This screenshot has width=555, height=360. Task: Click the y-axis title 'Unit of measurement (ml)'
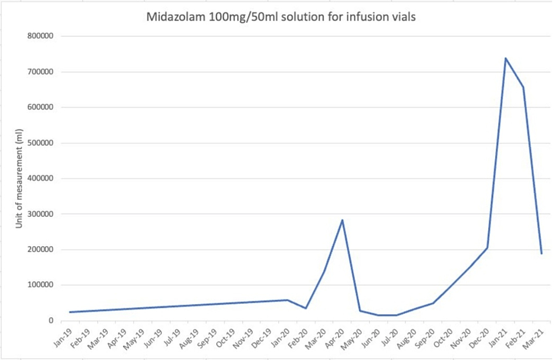pyautogui.click(x=19, y=179)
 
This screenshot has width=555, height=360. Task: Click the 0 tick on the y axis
pyautogui.click(x=52, y=321)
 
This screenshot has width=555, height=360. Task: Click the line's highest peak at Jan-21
pyautogui.click(x=505, y=58)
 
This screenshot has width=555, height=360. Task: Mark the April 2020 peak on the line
pyautogui.click(x=342, y=220)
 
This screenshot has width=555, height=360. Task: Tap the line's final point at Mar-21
pyautogui.click(x=542, y=253)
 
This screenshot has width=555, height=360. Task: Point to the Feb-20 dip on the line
pyautogui.click(x=306, y=308)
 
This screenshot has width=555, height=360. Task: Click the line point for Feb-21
pyautogui.click(x=523, y=87)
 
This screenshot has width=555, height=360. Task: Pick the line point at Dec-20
pyautogui.click(x=487, y=248)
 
